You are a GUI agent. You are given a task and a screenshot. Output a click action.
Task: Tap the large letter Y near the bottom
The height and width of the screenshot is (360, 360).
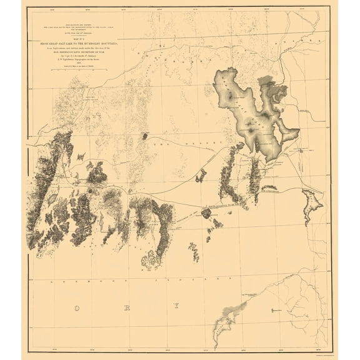coord(176,306)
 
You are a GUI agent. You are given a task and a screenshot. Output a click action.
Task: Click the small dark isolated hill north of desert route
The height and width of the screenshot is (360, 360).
coord(144,136)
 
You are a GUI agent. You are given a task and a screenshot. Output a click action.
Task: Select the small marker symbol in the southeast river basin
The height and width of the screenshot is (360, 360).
coord(273,309)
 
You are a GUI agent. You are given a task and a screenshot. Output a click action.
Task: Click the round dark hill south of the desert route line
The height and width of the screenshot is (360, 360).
coord(206,213)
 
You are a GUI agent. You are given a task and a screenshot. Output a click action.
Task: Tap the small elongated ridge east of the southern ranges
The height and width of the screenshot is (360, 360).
coord(194,252)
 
